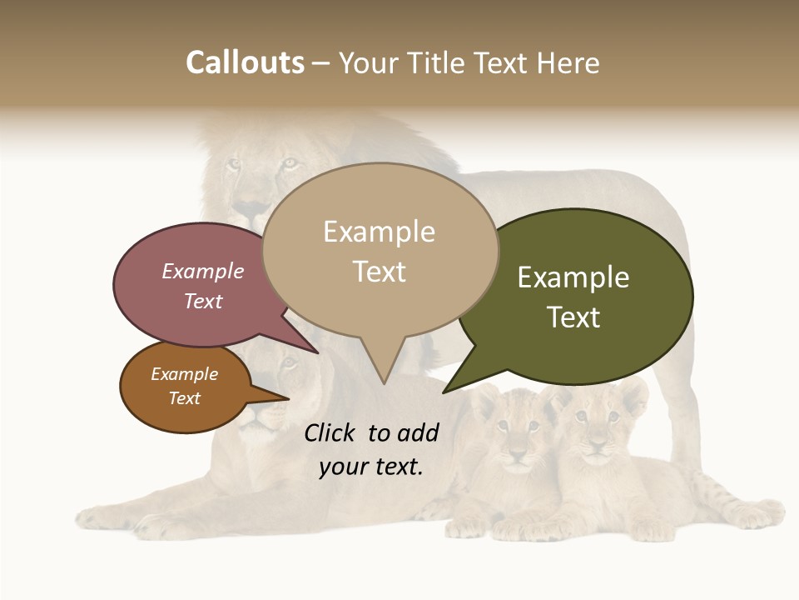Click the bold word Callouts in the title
(x=245, y=62)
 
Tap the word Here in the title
(x=568, y=63)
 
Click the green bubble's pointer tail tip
(x=444, y=392)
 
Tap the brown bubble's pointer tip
(x=288, y=399)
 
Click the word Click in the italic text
(x=331, y=432)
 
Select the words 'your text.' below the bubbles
(x=371, y=467)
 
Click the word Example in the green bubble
(x=573, y=277)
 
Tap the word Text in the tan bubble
(x=380, y=272)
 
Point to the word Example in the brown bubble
(x=184, y=374)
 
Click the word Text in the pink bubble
(x=203, y=302)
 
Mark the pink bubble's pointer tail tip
(x=318, y=352)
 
